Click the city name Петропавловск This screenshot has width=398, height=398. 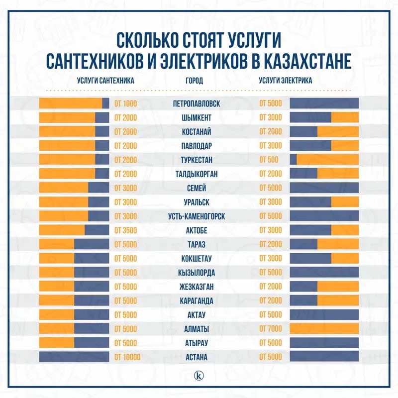coord(196,104)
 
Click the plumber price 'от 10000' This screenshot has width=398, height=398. coord(127,357)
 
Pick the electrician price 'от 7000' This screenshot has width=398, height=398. coord(271,329)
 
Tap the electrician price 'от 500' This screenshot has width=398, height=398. coord(269,160)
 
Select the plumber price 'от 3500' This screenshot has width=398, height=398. coord(125,230)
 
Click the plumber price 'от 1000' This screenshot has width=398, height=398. coord(125,104)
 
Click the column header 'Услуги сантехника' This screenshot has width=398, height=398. coord(105,80)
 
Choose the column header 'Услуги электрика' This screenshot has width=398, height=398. coord(285,80)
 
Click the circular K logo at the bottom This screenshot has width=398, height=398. coord(199,375)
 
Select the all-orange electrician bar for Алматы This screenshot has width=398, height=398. coord(324,329)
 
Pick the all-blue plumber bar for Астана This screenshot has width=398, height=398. coord(74,357)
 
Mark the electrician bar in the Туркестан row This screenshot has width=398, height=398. coord(324,160)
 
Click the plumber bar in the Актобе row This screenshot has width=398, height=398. coord(74,230)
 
